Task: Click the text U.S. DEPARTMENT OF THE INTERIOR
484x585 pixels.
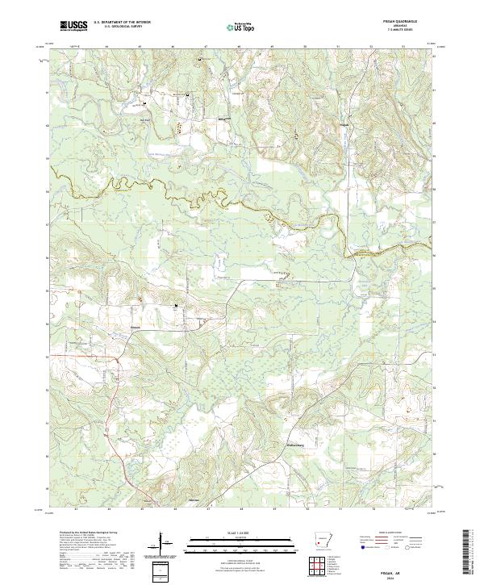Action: pyautogui.click(x=122, y=22)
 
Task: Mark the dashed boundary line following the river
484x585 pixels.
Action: pyautogui.click(x=202, y=197)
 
